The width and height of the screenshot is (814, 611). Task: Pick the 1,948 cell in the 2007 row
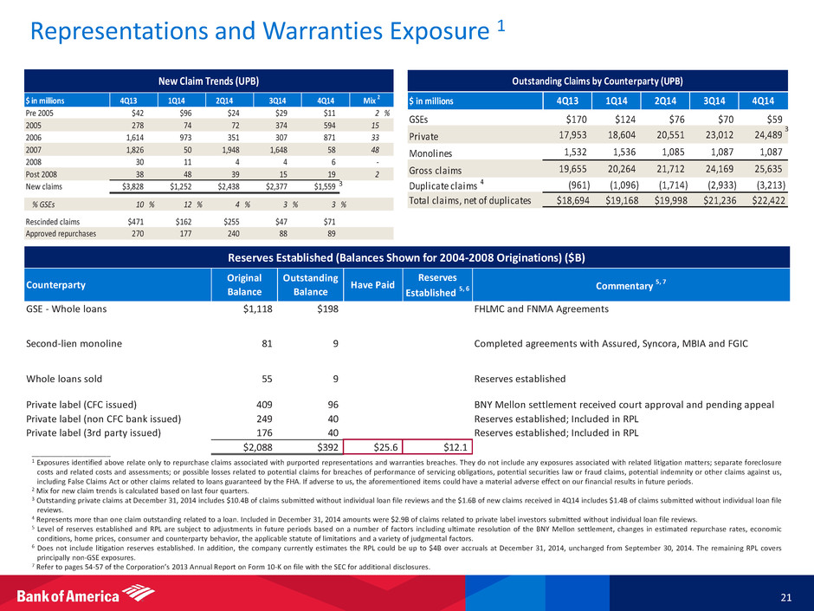223,148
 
